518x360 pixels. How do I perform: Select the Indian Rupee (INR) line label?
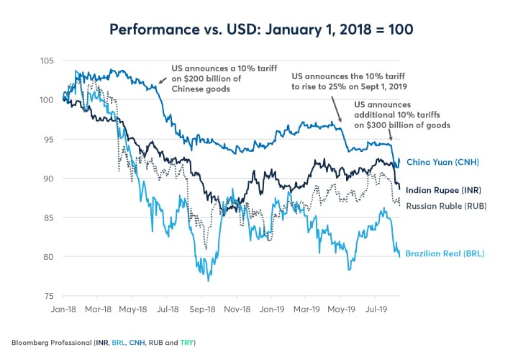(x=443, y=190)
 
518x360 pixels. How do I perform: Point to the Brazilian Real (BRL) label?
(x=443, y=253)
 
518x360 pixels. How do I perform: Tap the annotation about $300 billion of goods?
(x=403, y=115)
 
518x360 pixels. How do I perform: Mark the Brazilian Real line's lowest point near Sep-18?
(x=209, y=280)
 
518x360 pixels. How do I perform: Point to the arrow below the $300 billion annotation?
(x=390, y=135)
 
